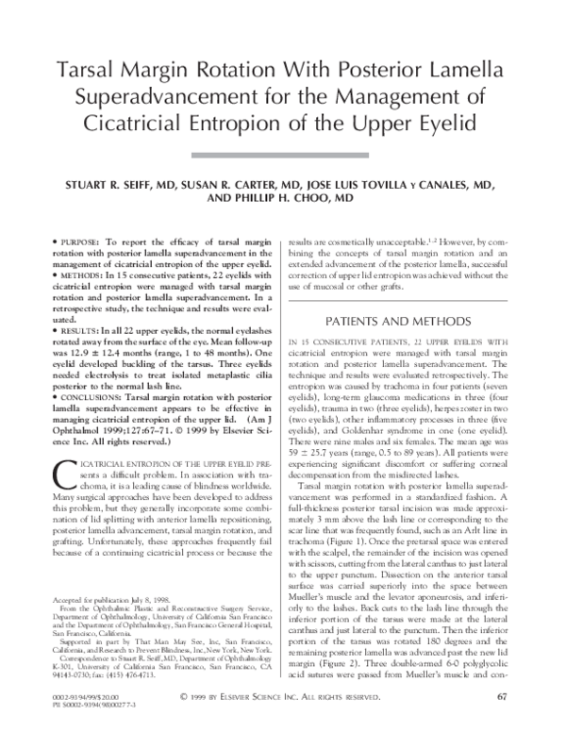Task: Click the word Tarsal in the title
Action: [99, 70]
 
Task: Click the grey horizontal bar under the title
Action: [283, 154]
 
